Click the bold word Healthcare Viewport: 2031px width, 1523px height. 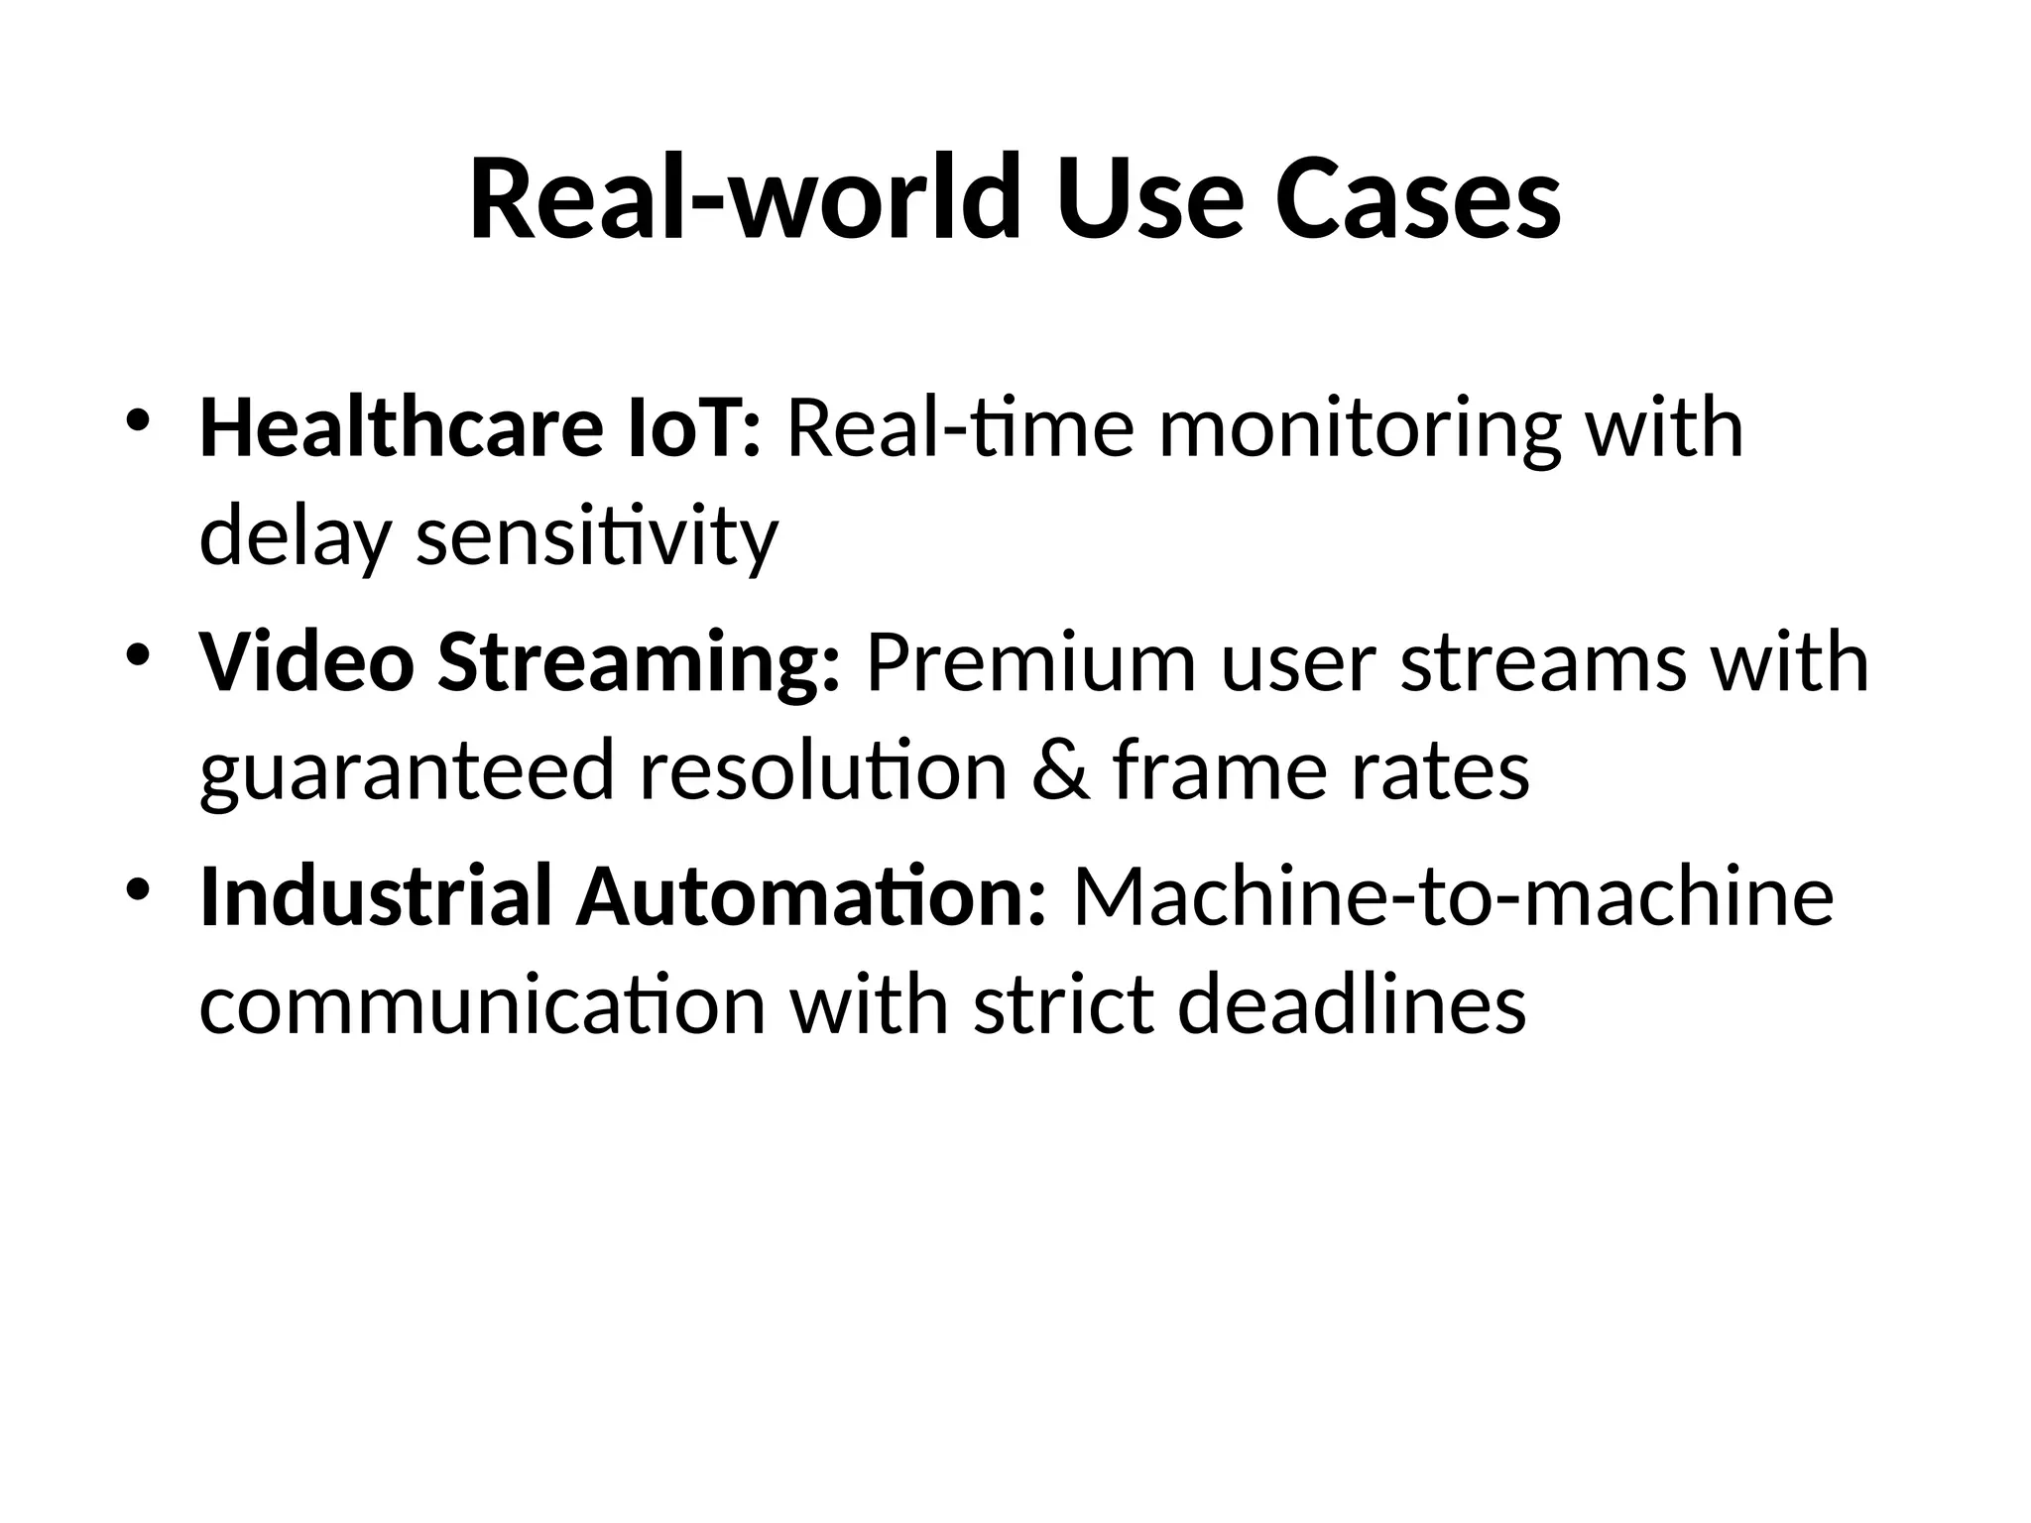pyautogui.click(x=401, y=428)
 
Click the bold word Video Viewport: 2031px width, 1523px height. pyautogui.click(x=306, y=662)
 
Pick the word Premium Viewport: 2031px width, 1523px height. pyautogui.click(x=1031, y=662)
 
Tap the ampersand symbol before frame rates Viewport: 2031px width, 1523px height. pyautogui.click(x=1059, y=770)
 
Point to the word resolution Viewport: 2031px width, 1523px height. pyautogui.click(x=823, y=770)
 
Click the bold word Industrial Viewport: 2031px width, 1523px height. pyautogui.click(x=376, y=896)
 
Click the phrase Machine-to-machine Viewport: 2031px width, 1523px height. pyautogui.click(x=1454, y=896)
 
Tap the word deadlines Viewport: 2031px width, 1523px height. pyautogui.click(x=1351, y=1004)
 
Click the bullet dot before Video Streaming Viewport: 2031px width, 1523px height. pyautogui.click(x=138, y=654)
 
